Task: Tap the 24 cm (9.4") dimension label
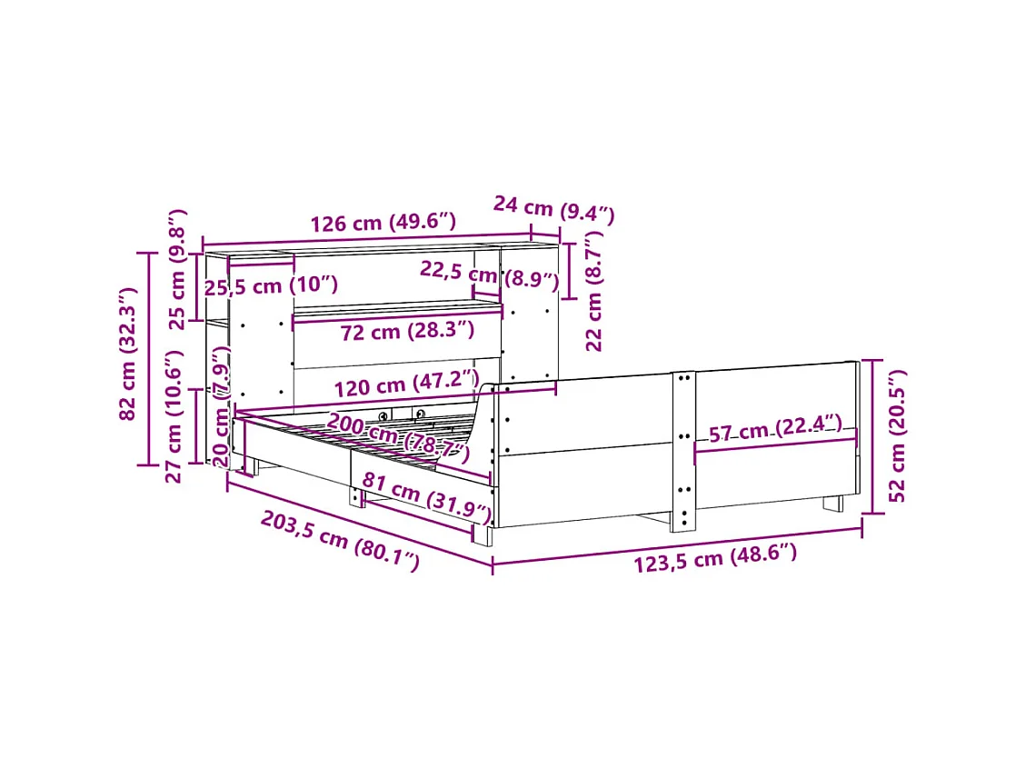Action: coord(553,209)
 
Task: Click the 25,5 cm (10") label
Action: coord(270,285)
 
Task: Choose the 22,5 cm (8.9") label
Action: coord(489,275)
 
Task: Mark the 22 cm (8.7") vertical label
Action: coord(594,290)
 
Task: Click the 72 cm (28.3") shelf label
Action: coord(407,331)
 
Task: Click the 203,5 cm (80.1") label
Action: coord(340,541)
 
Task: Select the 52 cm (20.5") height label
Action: coord(897,435)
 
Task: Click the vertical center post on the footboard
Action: coord(682,450)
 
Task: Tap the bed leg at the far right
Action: coord(833,502)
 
